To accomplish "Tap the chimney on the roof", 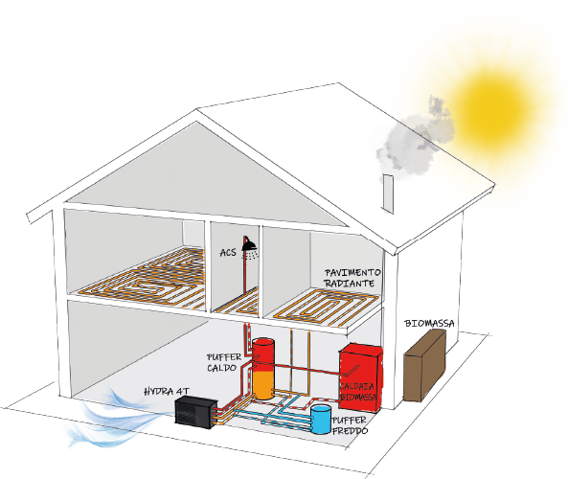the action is coord(388,194).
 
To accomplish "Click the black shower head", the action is coord(249,244).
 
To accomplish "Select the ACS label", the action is coord(228,253).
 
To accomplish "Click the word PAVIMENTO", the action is coord(352,272).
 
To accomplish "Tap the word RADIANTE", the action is coord(349,283).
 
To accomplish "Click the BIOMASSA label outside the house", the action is coord(429,323).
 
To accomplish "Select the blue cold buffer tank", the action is coord(321,420).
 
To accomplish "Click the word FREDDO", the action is coord(350,431).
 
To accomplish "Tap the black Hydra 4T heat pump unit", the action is coord(196,412).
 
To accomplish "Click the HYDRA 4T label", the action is coord(167,391).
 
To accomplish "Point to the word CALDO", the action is coord(221,368).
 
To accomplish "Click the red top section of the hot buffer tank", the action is coord(263,354).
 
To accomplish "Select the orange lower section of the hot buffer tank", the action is coord(263,385).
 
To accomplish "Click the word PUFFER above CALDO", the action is coord(224,357).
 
